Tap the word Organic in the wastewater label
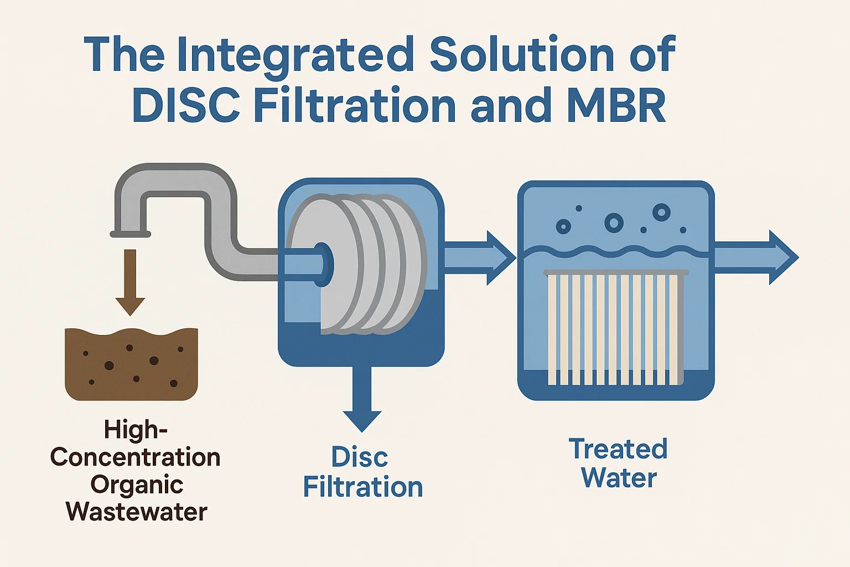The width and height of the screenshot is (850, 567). click(137, 485)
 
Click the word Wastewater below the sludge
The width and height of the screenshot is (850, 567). click(137, 512)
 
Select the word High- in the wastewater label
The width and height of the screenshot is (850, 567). click(136, 430)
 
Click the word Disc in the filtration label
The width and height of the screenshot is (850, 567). click(360, 457)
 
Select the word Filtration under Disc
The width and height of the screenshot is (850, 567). click(363, 487)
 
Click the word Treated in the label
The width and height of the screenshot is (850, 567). click(618, 449)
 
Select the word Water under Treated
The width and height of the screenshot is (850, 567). click(619, 478)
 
